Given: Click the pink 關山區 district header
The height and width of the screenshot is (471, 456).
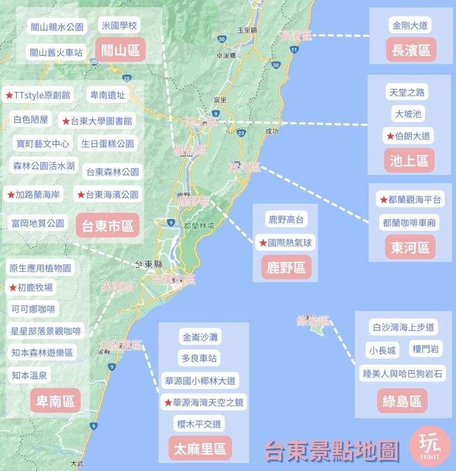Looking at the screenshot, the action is point(120,50).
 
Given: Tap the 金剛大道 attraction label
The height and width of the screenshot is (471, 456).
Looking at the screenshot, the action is point(410,25).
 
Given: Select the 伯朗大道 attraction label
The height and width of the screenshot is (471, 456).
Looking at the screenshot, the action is point(410,136).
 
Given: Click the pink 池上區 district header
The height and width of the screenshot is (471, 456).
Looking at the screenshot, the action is point(409,161).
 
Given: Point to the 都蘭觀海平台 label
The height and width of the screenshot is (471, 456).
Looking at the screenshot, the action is point(410,200).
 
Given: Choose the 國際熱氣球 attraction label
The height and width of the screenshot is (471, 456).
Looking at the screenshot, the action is point(286,242).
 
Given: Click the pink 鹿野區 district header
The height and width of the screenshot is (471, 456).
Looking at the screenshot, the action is point(286,268).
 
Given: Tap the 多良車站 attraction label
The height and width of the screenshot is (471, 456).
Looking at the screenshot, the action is point(199,358).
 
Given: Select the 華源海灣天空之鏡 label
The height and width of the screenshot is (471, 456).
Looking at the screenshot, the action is point(203,402).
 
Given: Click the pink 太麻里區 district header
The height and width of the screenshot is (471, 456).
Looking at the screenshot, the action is point(200,448).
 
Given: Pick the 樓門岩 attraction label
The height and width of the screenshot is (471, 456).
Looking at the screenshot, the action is point(426,349).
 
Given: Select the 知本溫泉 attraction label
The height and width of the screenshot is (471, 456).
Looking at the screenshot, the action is point(29,375).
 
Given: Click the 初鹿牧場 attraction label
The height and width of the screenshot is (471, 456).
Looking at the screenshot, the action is point(32,287).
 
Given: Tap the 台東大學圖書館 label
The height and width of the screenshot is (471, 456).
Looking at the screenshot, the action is point(98,121).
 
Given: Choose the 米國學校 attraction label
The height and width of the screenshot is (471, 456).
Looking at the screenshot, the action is point(119,25).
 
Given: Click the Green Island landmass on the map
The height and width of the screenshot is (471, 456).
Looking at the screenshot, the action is point(317,329).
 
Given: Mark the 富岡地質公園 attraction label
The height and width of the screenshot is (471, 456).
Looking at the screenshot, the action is point(38,224).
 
